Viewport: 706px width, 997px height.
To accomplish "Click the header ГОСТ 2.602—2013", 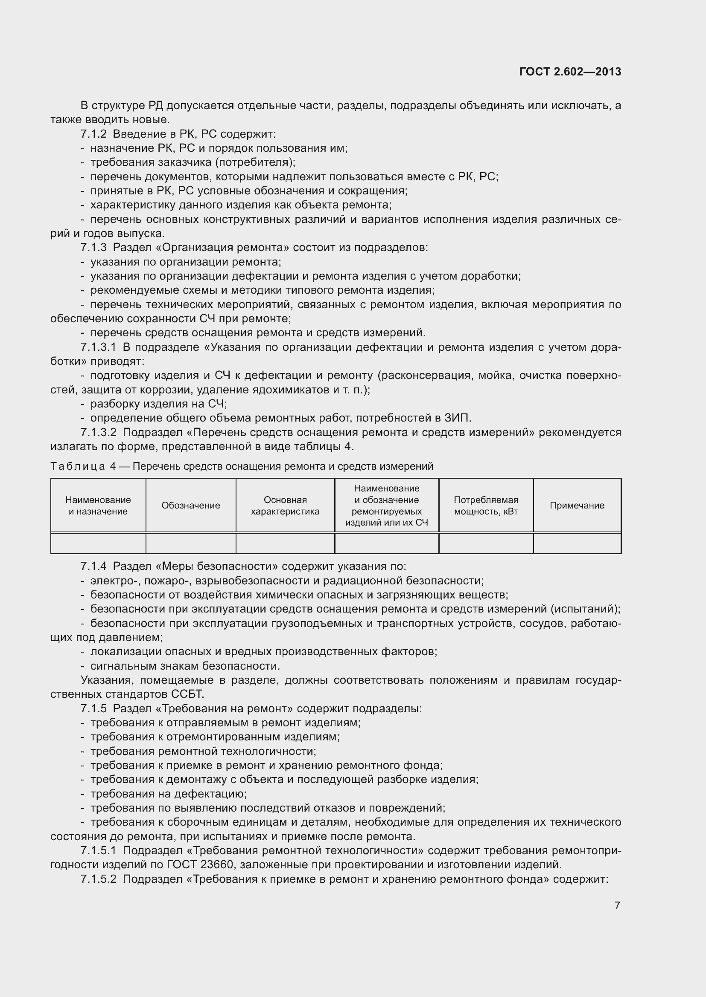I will pyautogui.click(x=570, y=72).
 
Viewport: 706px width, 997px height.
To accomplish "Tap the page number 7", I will pyautogui.click(x=617, y=905).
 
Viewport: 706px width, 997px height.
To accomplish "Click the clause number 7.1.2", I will pyautogui.click(x=93, y=134).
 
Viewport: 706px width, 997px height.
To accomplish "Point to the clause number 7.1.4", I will pyautogui.click(x=93, y=566).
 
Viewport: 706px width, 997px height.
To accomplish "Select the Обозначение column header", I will pyautogui.click(x=191, y=506).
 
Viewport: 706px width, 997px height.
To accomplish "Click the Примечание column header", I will pyautogui.click(x=577, y=506).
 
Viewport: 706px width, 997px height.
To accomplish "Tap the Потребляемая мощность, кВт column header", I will pyautogui.click(x=486, y=506).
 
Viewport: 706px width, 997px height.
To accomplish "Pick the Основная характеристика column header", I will pyautogui.click(x=285, y=506).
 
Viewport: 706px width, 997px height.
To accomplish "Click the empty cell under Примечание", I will pyautogui.click(x=577, y=543).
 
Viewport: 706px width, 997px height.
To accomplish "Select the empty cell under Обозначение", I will pyautogui.click(x=191, y=543).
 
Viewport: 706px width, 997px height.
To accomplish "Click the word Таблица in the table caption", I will pyautogui.click(x=77, y=466).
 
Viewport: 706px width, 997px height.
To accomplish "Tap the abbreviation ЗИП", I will pyautogui.click(x=456, y=418).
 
